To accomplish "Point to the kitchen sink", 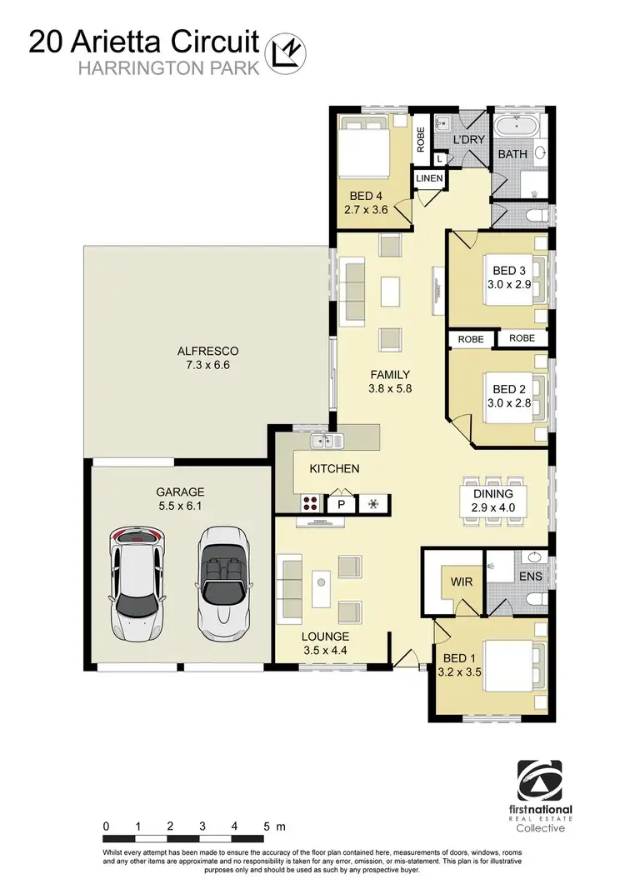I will [x=322, y=441].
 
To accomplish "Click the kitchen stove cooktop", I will [x=312, y=503].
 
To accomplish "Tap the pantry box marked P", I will [x=341, y=504].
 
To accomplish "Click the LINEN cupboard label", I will [x=430, y=179].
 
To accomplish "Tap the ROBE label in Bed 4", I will [x=421, y=137].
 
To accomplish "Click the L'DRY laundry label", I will [x=468, y=140].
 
